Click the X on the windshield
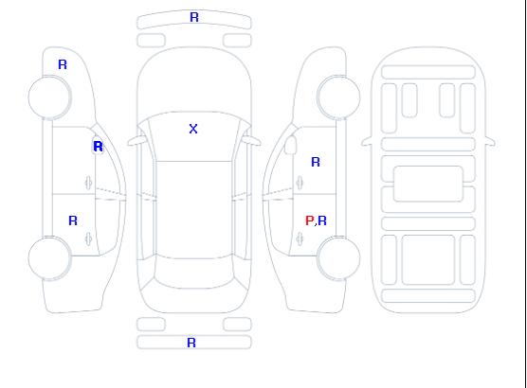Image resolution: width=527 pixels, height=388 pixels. pyautogui.click(x=193, y=129)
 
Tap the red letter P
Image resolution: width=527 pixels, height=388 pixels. pyautogui.click(x=309, y=220)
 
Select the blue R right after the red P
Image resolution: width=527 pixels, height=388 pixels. pyautogui.click(x=322, y=220)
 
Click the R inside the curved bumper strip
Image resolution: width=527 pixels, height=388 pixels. pyautogui.click(x=194, y=17)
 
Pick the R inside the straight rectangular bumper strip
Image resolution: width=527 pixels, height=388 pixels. pyautogui.click(x=191, y=343)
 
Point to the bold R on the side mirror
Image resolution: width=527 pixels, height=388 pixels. pyautogui.click(x=98, y=147)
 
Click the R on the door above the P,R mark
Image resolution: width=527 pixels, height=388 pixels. pyautogui.click(x=316, y=162)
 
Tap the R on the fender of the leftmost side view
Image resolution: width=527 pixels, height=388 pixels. pyautogui.click(x=63, y=64)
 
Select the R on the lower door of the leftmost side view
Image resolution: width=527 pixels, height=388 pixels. pyautogui.click(x=73, y=220)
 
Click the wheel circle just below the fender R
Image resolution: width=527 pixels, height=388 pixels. pyautogui.click(x=49, y=97)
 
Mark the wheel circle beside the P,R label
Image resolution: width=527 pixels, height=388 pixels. pyautogui.click(x=338, y=257)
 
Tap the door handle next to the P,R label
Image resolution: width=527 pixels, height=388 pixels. pyautogui.click(x=300, y=238)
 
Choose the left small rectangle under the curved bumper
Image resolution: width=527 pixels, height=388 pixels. pyautogui.click(x=151, y=41)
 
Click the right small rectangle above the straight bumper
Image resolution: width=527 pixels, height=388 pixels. pyautogui.click(x=237, y=325)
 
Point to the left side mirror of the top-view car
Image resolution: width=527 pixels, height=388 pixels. pyautogui.click(x=136, y=141)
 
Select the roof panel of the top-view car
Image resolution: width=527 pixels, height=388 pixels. pyautogui.click(x=194, y=210)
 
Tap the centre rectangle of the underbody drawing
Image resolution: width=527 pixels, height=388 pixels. pyautogui.click(x=428, y=184)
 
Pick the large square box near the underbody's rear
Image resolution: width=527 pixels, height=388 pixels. pyautogui.click(x=428, y=260)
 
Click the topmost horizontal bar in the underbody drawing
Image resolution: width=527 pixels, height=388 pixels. pyautogui.click(x=428, y=73)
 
